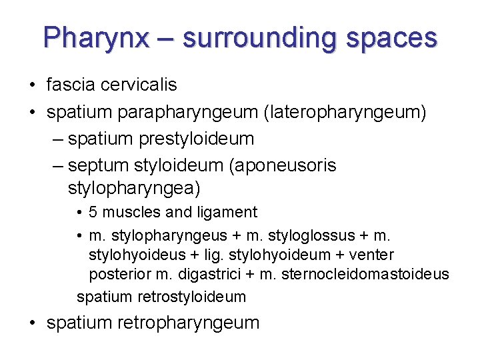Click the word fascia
coord(71,85)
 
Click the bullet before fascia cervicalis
coord(33,85)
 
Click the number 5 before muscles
coord(93,212)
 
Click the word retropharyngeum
coord(188,323)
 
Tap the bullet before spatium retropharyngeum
coord(33,323)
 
